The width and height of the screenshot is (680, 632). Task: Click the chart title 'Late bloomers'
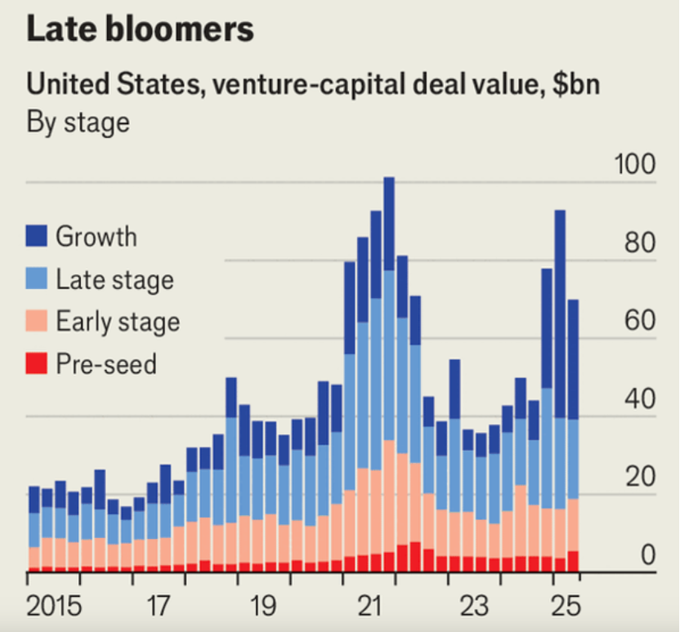tap(140, 29)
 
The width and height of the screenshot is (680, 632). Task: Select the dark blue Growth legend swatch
tap(38, 237)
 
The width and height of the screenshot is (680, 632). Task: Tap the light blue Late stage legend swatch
tap(38, 279)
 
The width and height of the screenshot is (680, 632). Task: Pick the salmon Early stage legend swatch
tap(38, 321)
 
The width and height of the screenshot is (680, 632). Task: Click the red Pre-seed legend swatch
tap(38, 363)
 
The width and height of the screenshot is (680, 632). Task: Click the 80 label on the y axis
tap(640, 243)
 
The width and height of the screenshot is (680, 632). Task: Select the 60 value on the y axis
tap(640, 321)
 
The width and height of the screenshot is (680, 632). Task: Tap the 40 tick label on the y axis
tap(640, 400)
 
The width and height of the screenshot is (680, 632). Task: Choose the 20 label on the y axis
tap(640, 478)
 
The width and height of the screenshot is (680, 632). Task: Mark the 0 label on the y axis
tap(648, 556)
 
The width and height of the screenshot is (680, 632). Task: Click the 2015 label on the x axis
tap(55, 607)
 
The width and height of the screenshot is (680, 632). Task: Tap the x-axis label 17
tap(159, 607)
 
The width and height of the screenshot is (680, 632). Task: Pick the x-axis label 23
tap(475, 607)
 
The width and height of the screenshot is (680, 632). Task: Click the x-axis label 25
tap(565, 607)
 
